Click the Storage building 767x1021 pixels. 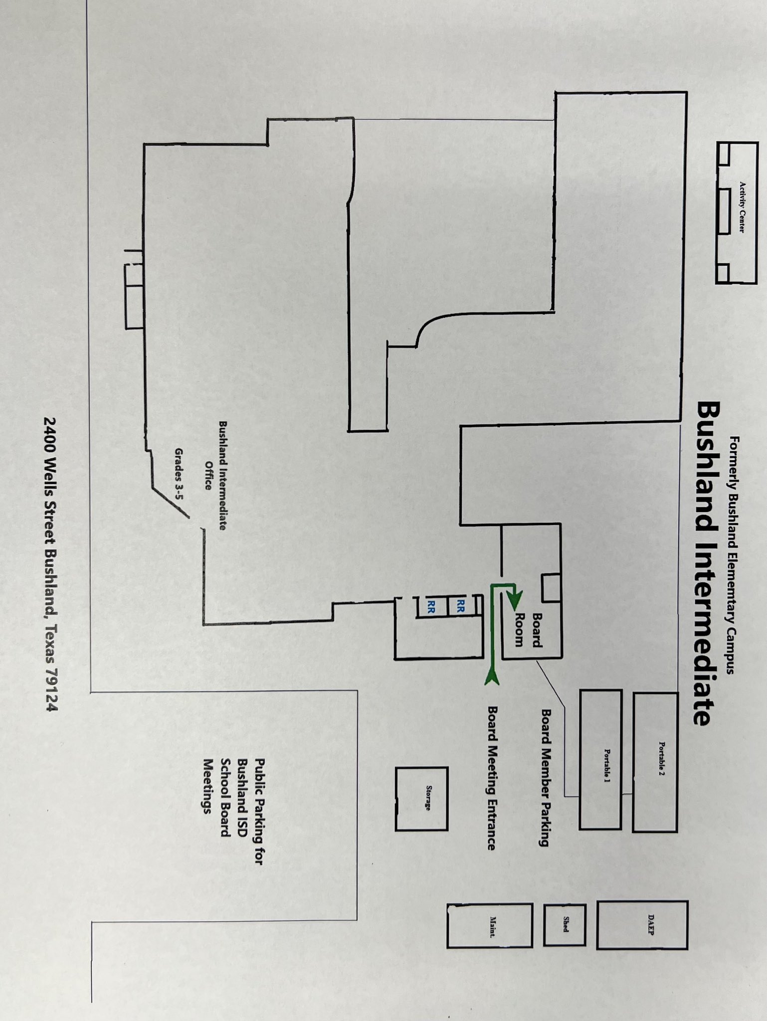(422, 799)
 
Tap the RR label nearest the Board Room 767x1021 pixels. (460, 606)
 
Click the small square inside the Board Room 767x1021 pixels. (551, 587)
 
